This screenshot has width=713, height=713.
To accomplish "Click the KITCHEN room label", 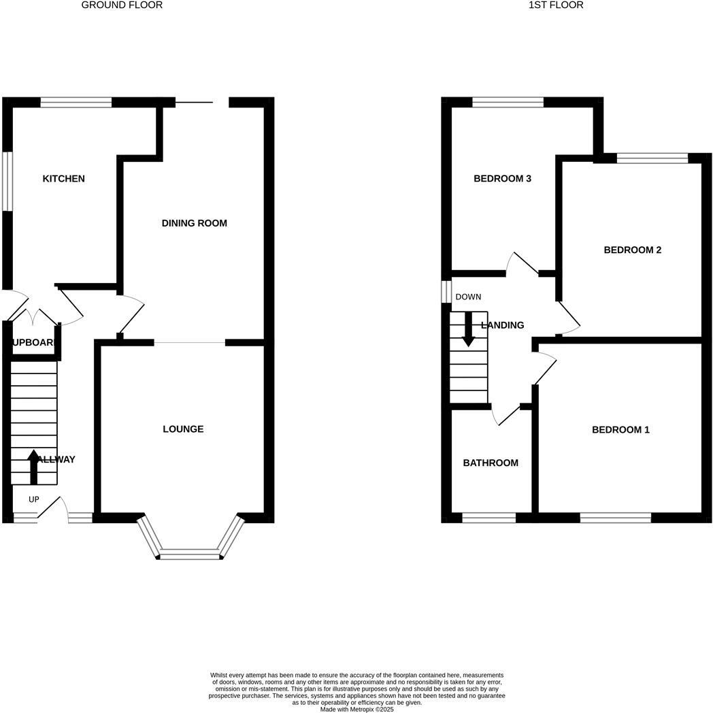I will click(x=64, y=179).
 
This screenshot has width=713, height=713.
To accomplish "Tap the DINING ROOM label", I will click(x=194, y=223).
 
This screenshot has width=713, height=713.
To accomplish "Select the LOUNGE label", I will click(x=183, y=429).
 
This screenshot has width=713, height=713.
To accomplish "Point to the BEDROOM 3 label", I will click(x=502, y=179).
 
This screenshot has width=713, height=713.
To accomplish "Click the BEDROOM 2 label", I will click(x=632, y=250).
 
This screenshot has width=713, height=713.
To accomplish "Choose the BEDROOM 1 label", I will click(x=620, y=430).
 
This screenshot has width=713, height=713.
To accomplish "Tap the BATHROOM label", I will click(x=491, y=463).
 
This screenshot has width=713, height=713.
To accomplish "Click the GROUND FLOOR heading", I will click(x=122, y=5).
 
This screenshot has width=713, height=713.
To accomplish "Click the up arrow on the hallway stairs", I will click(x=33, y=466).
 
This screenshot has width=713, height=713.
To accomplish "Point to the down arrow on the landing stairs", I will click(x=468, y=329).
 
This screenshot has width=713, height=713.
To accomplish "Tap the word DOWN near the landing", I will click(x=468, y=297).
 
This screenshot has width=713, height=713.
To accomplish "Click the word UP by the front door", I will click(x=34, y=499).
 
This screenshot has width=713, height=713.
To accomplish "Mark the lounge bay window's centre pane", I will click(x=190, y=554).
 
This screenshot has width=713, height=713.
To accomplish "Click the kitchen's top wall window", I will click(x=76, y=103).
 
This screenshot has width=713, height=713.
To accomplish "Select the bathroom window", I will click(x=488, y=518).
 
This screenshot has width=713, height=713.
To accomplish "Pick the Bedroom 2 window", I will click(x=652, y=159).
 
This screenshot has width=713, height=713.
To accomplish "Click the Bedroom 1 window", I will click(x=615, y=518).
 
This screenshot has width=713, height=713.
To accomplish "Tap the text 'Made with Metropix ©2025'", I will click(x=356, y=709).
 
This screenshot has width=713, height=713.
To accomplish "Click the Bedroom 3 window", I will click(x=508, y=103).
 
